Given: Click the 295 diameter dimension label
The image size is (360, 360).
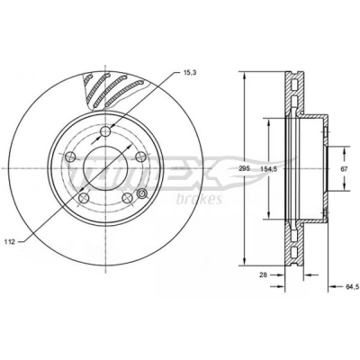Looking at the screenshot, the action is (245, 168).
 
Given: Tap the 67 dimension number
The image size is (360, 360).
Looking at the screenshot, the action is (344, 168).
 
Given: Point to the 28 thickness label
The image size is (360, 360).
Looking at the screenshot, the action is (263, 274).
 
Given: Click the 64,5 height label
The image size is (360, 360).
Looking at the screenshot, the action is (353, 287).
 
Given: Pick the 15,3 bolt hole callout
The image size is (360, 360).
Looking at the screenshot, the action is (189, 72).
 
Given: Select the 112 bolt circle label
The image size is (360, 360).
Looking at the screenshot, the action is (10, 242).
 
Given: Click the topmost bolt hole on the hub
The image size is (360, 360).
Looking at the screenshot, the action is (105, 131).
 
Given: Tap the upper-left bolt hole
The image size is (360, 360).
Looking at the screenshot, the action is (70, 157).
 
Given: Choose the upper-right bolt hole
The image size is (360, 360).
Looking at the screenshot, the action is (140, 157).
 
